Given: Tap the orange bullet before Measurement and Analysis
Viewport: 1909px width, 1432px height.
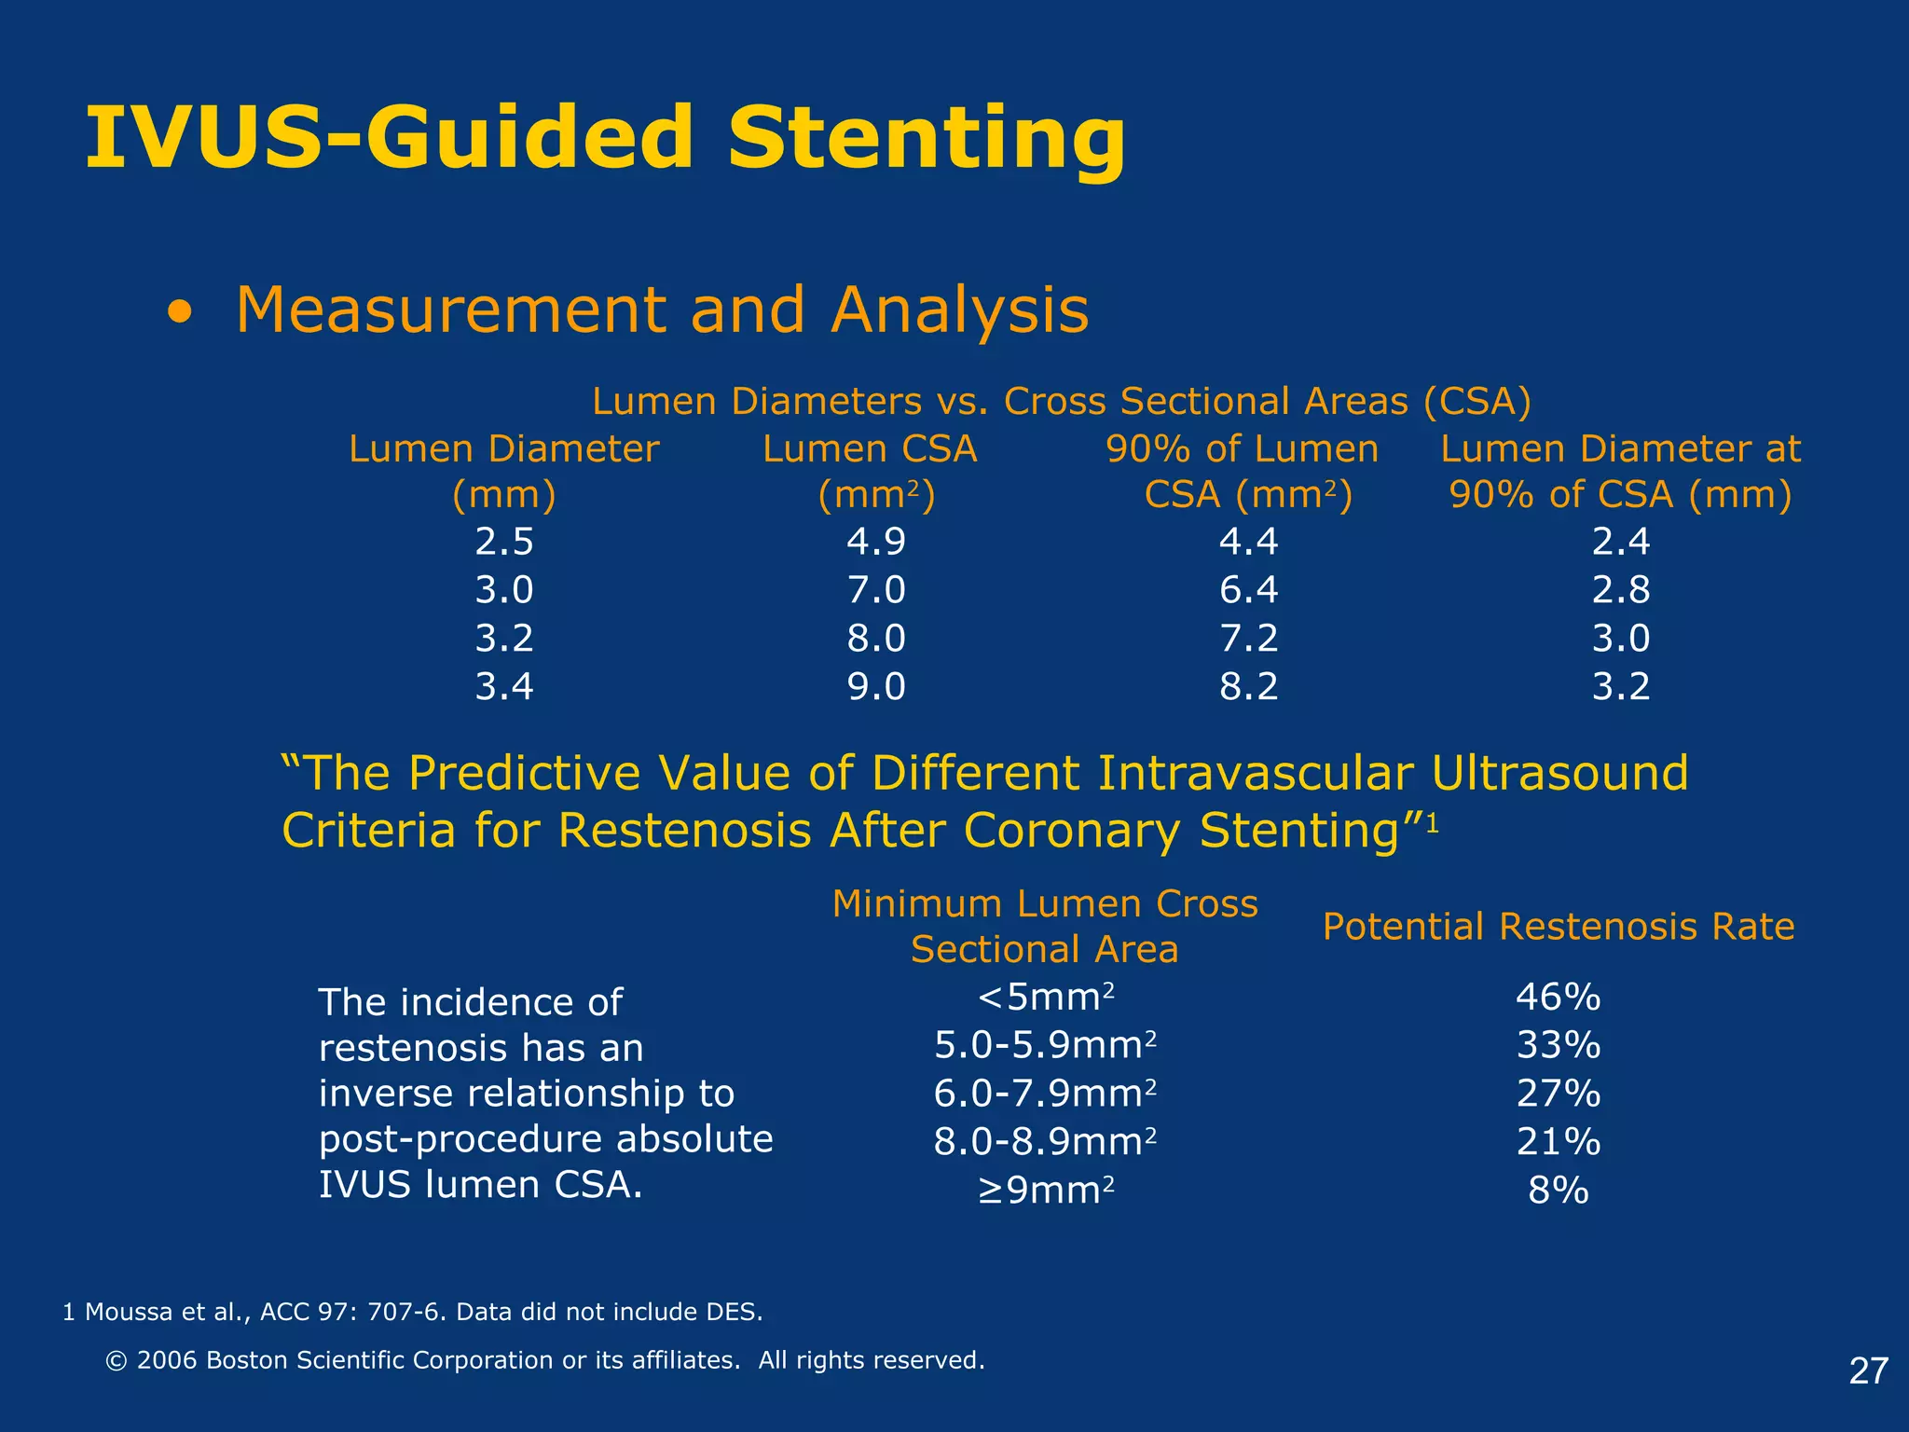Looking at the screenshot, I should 181,314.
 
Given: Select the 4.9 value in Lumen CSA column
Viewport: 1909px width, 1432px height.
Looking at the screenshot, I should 875,542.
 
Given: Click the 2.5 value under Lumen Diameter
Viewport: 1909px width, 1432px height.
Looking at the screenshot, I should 503,542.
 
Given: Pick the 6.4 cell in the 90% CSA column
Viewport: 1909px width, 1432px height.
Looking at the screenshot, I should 1248,590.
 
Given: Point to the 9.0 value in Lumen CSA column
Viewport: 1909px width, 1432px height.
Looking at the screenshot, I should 875,687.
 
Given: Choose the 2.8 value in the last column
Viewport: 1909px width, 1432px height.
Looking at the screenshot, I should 1620,590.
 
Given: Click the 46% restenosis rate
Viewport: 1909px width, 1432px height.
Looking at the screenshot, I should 1558,998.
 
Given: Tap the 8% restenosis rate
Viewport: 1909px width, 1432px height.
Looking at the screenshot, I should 1558,1191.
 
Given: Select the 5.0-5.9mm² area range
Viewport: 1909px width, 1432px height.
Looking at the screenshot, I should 1045,1046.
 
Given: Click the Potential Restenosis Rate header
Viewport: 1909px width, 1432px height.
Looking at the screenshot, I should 1558,927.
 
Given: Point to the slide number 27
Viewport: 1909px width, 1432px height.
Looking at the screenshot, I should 1868,1371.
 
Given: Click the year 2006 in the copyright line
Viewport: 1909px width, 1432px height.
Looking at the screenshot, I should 167,1361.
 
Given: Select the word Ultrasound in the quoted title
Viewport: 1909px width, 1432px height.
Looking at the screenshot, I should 1559,773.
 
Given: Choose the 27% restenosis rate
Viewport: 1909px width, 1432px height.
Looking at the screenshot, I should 1558,1094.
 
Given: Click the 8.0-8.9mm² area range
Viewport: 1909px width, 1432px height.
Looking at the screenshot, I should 1045,1142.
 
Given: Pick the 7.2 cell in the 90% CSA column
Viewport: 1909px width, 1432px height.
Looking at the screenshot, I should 1248,639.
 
